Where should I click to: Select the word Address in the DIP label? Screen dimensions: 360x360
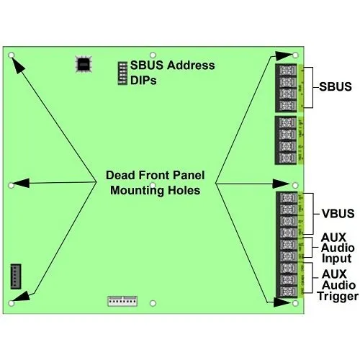(190, 66)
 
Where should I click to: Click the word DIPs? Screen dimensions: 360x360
(144, 81)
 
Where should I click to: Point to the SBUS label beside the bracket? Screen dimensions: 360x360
(335, 87)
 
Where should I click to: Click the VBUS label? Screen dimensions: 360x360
(335, 213)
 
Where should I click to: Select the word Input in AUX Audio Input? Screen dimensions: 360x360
(336, 258)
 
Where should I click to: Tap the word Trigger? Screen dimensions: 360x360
(336, 295)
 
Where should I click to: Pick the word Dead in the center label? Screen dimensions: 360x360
(120, 175)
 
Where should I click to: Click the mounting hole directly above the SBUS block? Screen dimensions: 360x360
(297, 55)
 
